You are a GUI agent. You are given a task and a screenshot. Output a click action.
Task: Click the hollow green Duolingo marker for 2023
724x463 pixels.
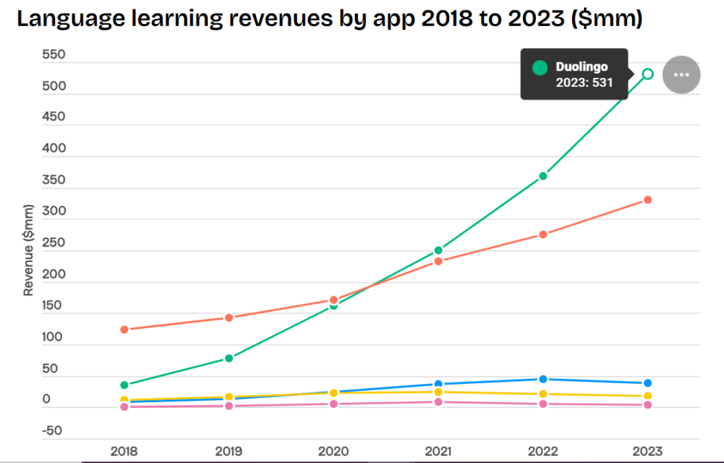click(647, 74)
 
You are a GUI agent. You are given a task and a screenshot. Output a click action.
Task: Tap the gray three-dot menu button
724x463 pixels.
click(681, 74)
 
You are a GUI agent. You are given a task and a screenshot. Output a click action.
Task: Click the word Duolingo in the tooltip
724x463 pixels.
click(581, 67)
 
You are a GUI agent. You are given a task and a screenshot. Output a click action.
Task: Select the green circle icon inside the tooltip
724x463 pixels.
click(540, 68)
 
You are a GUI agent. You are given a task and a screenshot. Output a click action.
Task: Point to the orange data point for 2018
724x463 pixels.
click(124, 329)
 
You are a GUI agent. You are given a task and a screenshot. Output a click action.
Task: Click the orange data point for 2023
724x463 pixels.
click(647, 200)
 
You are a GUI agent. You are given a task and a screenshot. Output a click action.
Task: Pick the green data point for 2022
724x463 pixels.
click(543, 176)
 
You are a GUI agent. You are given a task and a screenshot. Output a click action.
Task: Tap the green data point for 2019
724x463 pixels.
click(229, 358)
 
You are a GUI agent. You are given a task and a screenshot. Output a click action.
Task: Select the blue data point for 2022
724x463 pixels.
click(543, 380)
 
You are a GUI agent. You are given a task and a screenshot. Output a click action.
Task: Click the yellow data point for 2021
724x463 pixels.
click(438, 392)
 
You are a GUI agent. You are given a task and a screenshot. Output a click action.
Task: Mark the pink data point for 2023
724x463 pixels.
click(647, 405)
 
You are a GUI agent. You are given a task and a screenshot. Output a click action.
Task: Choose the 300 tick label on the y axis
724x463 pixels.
click(53, 211)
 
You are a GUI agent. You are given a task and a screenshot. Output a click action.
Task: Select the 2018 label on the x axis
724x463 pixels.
click(124, 450)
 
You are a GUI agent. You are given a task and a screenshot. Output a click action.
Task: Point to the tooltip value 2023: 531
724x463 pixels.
click(584, 83)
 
